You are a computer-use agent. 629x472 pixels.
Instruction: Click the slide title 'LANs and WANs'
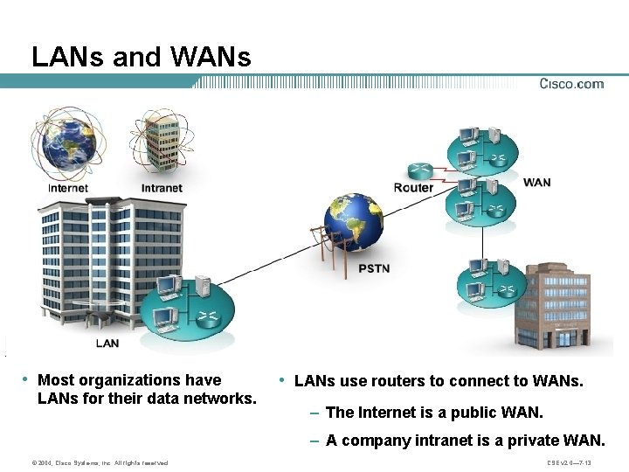141,57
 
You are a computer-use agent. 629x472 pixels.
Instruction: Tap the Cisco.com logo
571,84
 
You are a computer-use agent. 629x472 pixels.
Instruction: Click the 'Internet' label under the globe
68,188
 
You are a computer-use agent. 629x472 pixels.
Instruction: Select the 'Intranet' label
162,188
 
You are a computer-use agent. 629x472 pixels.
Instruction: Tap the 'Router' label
413,187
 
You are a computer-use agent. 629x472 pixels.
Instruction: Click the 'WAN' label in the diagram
536,182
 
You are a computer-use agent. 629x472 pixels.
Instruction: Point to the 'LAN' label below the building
107,343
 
